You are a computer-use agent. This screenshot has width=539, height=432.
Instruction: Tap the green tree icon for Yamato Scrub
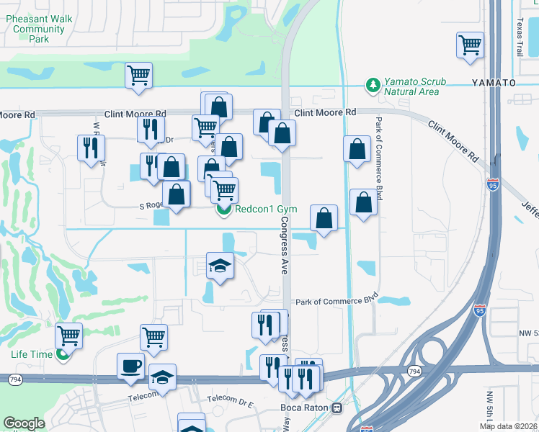click(373, 85)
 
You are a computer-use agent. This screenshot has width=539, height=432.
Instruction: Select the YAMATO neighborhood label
click(494, 83)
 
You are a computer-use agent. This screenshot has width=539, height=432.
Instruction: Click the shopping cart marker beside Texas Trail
click(470, 45)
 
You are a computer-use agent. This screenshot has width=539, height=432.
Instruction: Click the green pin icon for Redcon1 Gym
click(223, 210)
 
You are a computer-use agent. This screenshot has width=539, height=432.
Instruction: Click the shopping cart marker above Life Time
click(68, 335)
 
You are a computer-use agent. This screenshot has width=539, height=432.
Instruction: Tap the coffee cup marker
click(131, 366)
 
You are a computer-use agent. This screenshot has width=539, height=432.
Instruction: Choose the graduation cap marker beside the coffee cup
click(162, 377)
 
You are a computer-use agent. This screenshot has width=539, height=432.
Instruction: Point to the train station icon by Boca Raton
click(337, 408)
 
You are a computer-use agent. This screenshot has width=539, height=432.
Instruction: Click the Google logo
click(24, 423)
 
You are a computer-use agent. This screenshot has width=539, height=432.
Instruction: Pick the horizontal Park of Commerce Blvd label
click(337, 300)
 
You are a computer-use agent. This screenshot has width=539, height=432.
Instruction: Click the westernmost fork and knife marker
click(92, 148)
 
